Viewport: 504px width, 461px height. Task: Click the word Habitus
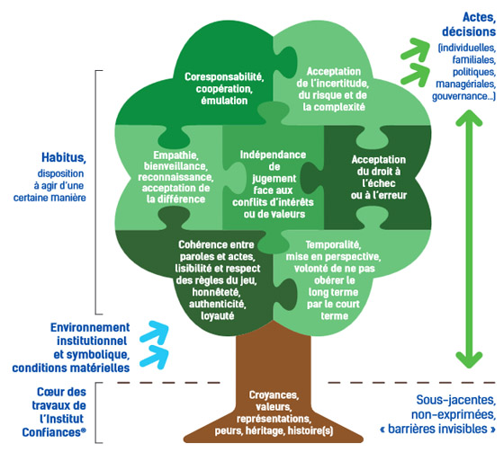[x=63, y=157]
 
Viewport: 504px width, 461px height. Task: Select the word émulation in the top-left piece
[x=224, y=101]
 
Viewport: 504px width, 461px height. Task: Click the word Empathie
[x=175, y=155]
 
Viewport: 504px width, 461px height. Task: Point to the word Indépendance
[x=273, y=155]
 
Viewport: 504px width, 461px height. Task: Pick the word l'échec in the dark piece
[x=379, y=183]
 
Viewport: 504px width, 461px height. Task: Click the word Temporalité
[x=333, y=245]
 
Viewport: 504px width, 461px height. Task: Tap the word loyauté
[x=218, y=316]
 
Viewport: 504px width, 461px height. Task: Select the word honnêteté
[x=216, y=292]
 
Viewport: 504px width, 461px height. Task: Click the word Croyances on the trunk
[x=274, y=395]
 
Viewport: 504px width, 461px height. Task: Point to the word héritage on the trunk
[x=265, y=430]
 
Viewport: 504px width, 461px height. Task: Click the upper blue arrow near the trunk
[x=155, y=332]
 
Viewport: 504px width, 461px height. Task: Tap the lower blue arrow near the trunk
[x=155, y=357]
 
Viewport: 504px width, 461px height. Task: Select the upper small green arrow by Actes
[x=415, y=49]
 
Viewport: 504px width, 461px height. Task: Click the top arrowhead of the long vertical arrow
[x=469, y=118]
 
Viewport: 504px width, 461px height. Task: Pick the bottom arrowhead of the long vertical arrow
[x=469, y=359]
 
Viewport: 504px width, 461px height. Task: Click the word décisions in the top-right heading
[x=469, y=31]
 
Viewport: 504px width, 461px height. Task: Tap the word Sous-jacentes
[x=455, y=400]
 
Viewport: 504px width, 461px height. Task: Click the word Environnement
[x=90, y=327]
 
